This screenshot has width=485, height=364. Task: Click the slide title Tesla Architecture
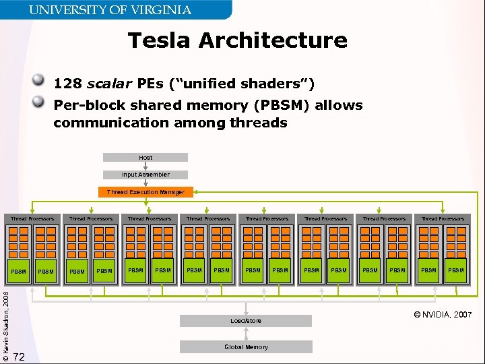pos(237,40)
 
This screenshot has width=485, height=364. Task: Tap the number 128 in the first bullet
pos(67,84)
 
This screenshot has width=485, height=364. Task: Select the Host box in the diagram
pos(145,158)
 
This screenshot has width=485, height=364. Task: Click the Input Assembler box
pos(145,175)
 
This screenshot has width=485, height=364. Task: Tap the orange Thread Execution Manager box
pos(145,192)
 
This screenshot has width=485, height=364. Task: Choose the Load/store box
pos(245,321)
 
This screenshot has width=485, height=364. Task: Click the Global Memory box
pos(245,347)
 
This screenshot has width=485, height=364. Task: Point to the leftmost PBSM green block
pos(19,272)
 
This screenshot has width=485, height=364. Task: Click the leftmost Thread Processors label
pos(32,218)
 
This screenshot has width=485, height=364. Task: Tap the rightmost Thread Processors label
pos(443,218)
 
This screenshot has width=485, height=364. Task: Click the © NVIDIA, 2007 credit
pos(443,315)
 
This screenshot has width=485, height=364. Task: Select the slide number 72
pos(20,357)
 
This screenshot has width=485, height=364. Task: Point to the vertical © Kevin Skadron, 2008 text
pos(6,321)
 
